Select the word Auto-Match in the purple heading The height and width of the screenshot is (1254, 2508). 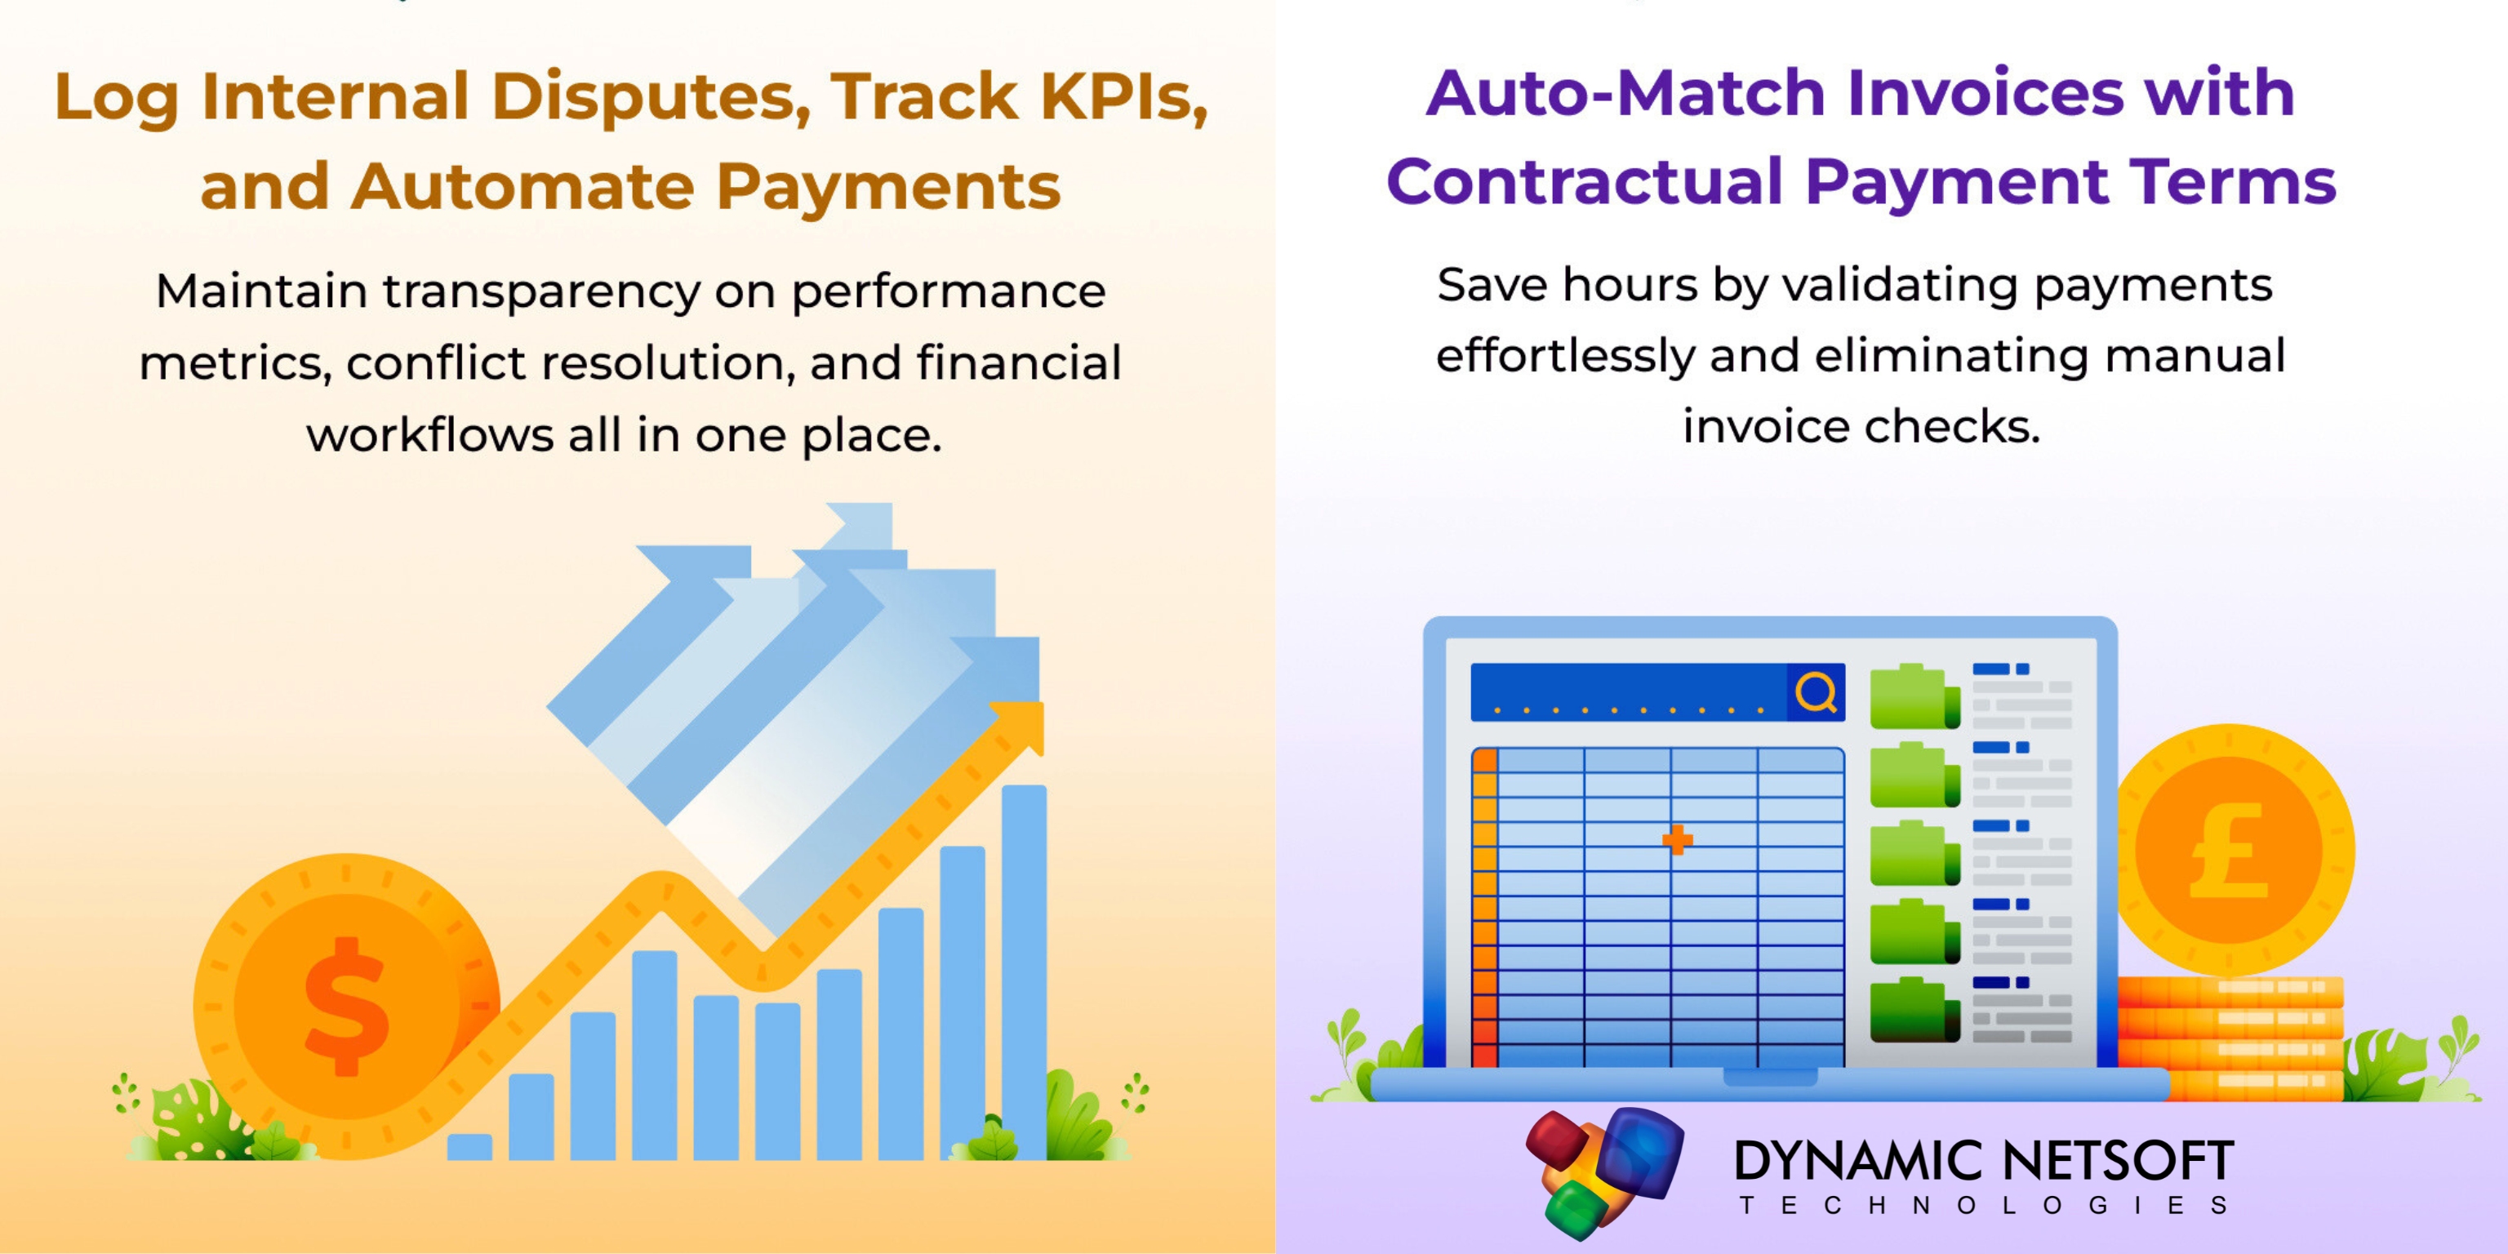(1625, 93)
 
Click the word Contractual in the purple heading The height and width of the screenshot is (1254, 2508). (1584, 182)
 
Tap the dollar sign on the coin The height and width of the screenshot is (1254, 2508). (348, 1007)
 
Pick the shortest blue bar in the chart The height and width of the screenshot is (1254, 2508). (469, 1147)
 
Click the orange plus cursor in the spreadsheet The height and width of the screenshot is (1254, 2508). (1678, 839)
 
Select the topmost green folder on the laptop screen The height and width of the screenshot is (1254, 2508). (1914, 696)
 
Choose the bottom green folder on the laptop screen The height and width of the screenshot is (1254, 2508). (1914, 1010)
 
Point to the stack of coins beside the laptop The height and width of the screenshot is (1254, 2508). (2230, 1038)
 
